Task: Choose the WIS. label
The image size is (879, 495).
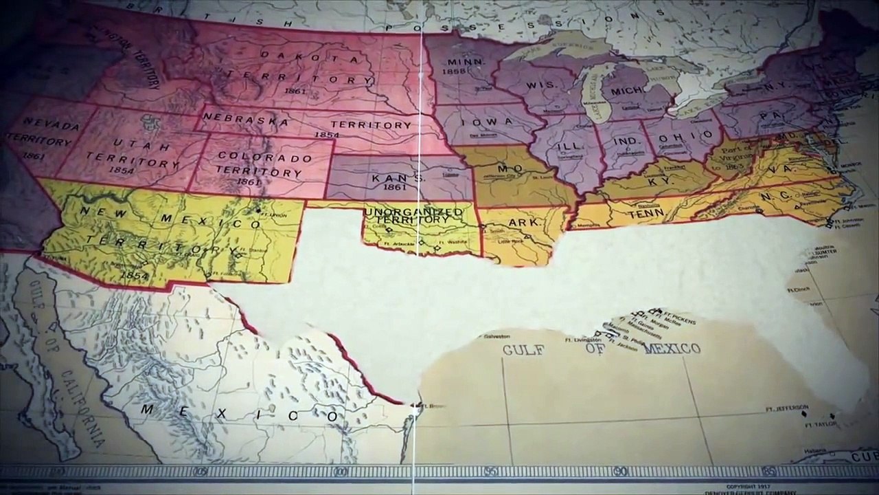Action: tap(540, 86)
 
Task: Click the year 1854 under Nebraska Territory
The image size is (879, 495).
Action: tap(326, 135)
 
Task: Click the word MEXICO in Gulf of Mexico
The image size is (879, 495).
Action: tap(672, 348)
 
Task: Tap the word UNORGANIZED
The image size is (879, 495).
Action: tap(413, 211)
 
